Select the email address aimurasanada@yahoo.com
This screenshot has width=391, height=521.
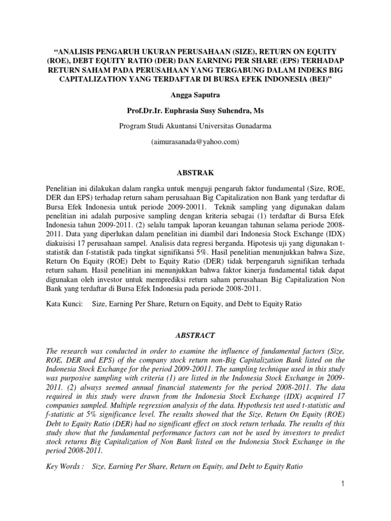(x=195, y=142)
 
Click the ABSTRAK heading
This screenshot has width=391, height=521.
(x=195, y=172)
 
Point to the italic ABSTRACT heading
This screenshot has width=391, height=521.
(x=195, y=335)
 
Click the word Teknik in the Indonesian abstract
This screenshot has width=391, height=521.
(x=230, y=208)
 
